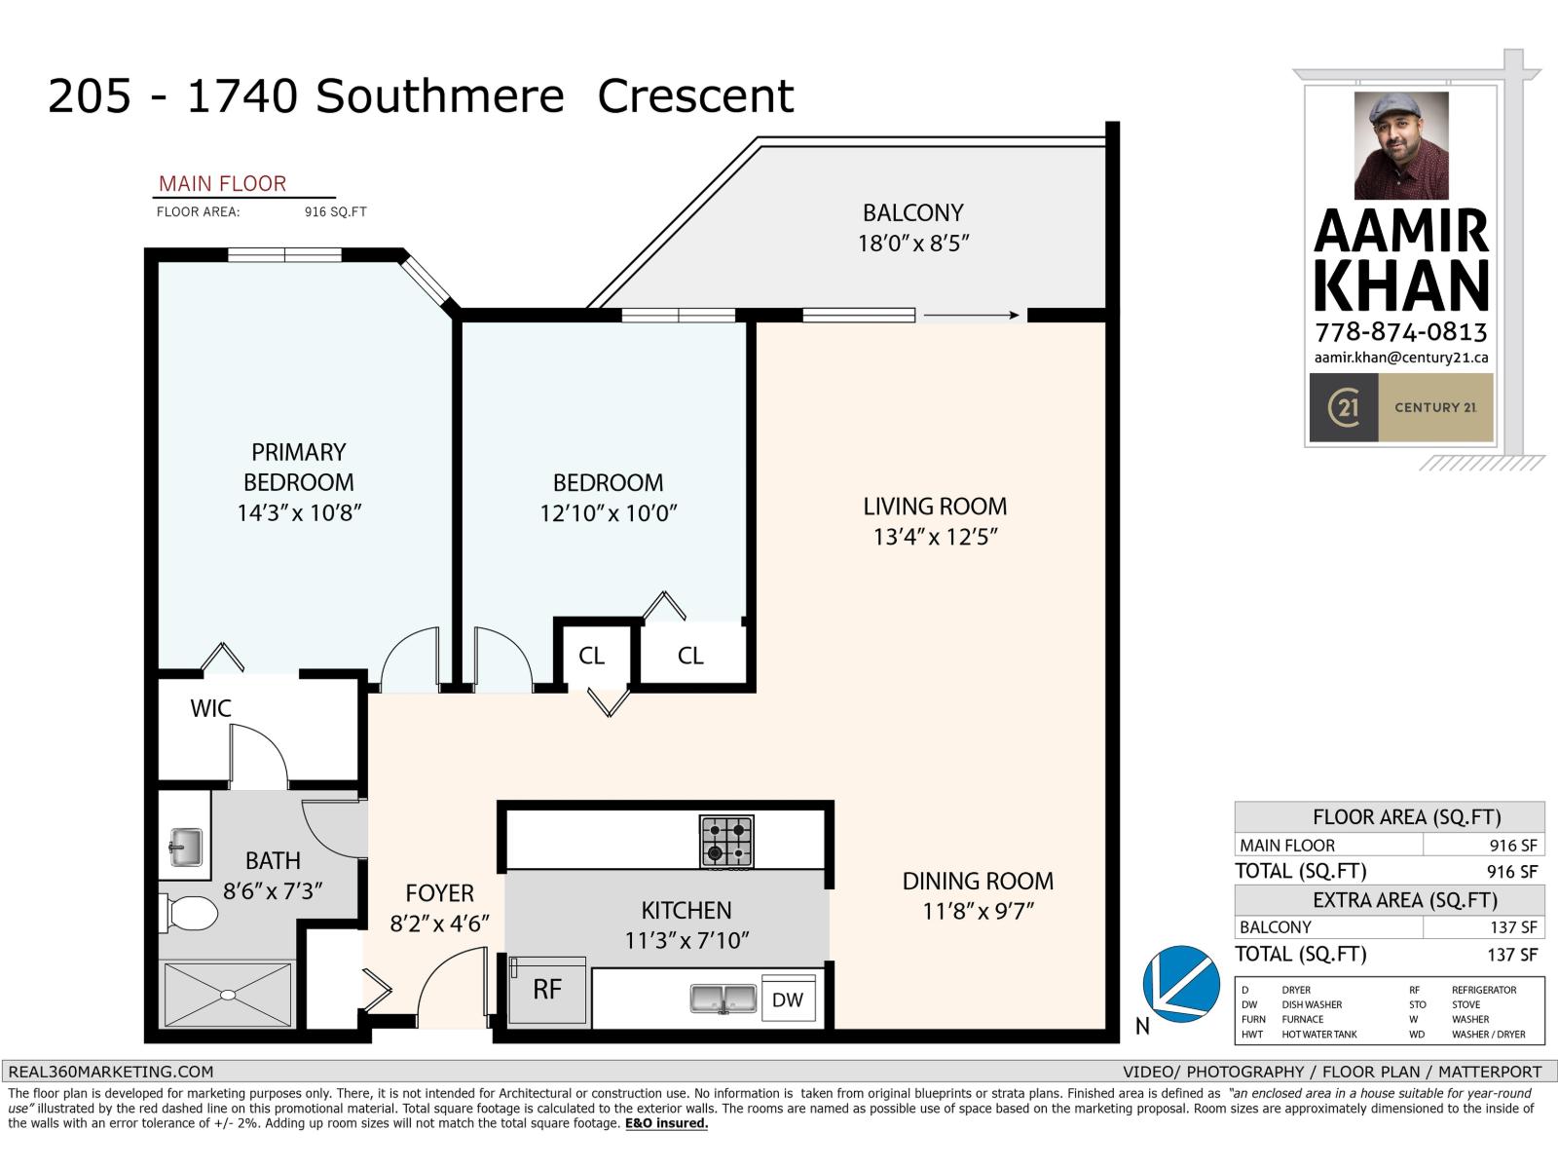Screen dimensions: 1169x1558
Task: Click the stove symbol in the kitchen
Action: tap(726, 842)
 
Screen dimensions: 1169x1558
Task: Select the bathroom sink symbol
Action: tap(185, 846)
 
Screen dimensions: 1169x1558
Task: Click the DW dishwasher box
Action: tap(788, 999)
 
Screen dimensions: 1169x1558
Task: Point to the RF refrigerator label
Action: tap(547, 990)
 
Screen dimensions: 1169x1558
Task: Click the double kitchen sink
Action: tap(723, 999)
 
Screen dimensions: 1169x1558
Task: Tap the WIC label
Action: tap(210, 708)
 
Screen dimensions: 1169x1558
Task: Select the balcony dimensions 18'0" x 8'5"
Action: tap(912, 244)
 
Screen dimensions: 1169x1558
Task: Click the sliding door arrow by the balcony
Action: tap(971, 315)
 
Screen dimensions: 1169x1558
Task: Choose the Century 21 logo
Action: tap(1344, 407)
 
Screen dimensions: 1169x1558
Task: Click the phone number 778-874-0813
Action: tap(1400, 332)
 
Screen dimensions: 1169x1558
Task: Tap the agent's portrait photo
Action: tap(1401, 145)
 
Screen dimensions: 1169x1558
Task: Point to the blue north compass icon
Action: tap(1181, 984)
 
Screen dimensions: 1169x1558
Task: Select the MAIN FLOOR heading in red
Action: tap(222, 184)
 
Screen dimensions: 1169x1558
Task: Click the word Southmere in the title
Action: tap(440, 96)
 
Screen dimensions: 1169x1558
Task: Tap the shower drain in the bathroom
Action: tap(227, 995)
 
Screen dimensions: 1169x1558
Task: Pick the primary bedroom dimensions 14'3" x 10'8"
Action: tap(299, 512)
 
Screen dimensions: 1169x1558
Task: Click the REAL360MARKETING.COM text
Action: tap(110, 1072)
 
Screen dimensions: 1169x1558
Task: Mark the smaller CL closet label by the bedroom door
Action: tap(591, 656)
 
